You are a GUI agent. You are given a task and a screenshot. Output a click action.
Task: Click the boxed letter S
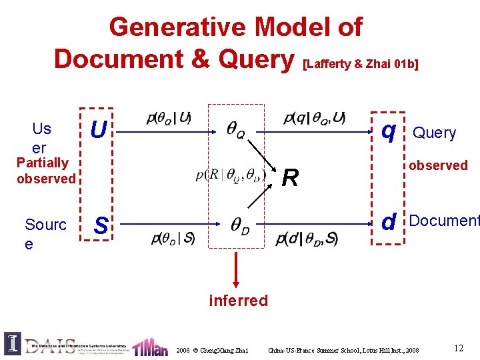[101, 225]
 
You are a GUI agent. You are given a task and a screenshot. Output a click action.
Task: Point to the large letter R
[290, 177]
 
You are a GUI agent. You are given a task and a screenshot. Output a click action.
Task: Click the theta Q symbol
[235, 131]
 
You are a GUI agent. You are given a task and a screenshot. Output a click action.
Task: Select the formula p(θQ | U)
[169, 119]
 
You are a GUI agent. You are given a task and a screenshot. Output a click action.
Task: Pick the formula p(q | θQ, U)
[314, 119]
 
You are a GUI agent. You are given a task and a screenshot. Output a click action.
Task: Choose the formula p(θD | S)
[173, 238]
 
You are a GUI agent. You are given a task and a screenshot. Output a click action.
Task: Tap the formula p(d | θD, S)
[306, 238]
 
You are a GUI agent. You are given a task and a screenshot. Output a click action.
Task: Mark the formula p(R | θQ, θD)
[231, 175]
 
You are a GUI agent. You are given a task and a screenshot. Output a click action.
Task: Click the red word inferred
[238, 301]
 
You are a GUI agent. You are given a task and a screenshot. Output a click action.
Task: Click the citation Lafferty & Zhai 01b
[361, 64]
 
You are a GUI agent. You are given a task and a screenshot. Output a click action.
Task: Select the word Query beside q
[435, 133]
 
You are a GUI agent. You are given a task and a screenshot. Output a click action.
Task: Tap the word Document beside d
[444, 221]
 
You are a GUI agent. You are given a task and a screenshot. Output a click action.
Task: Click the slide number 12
[458, 347]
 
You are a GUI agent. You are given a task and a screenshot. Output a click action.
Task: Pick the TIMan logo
[150, 347]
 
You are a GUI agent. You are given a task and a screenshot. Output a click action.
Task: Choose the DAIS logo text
[50, 345]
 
